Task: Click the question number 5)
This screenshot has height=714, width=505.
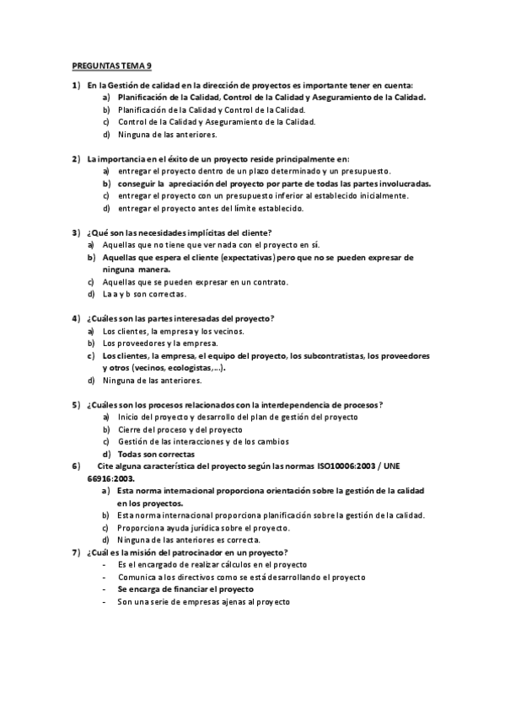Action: (x=75, y=405)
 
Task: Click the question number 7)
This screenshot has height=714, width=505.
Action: (x=75, y=551)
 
